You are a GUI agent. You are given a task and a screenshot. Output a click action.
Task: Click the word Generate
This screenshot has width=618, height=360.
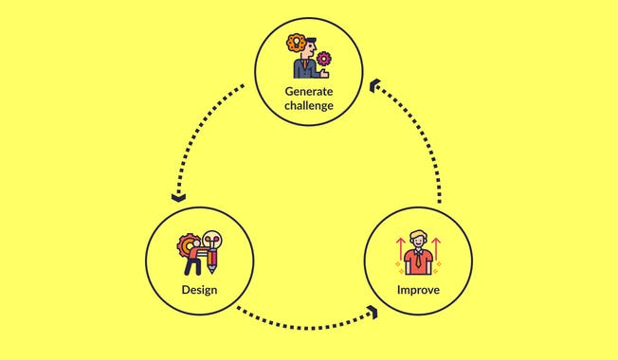point(309,91)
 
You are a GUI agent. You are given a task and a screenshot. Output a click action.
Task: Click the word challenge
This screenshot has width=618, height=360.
point(309,105)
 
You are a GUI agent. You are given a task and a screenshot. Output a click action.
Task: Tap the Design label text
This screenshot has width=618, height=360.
point(200,288)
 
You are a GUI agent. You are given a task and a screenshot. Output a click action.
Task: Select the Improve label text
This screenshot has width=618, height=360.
point(418,288)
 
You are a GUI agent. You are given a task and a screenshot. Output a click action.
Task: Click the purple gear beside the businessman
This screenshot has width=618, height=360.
point(325,58)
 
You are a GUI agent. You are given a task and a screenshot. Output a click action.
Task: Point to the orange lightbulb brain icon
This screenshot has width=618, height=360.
point(296,44)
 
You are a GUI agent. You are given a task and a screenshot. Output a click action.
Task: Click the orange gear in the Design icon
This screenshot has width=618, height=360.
point(187,244)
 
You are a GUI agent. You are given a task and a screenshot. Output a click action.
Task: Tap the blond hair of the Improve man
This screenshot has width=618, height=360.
point(418,236)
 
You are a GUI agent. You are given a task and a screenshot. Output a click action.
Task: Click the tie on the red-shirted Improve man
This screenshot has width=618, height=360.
point(418,257)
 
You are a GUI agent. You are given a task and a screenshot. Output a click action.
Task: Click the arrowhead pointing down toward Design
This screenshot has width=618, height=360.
point(177,197)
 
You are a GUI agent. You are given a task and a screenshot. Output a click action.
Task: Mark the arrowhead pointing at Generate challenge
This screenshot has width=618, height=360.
point(374,86)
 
